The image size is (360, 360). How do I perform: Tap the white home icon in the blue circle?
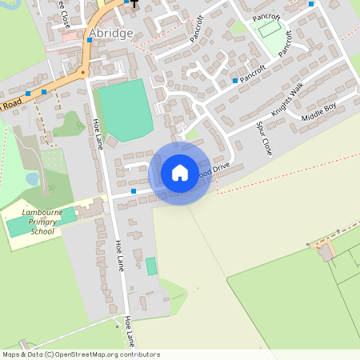179,172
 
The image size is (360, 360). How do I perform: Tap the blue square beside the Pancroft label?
234,81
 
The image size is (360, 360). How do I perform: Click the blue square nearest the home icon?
133,191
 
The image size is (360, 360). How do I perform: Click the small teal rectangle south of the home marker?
151,266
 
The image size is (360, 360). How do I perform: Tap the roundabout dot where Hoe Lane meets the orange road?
82,73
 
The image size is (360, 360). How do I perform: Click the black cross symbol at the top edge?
134,3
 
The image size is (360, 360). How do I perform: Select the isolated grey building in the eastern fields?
326,253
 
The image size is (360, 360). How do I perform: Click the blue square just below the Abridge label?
90,39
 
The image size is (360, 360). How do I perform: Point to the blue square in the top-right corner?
310,4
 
